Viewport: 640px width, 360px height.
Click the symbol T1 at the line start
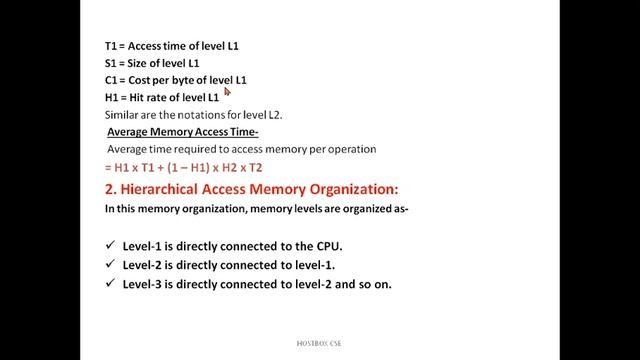tap(111, 46)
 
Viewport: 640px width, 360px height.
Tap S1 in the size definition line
tap(111, 63)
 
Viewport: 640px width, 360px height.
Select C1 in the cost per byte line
tap(111, 80)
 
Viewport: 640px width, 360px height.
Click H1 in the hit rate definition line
tap(111, 97)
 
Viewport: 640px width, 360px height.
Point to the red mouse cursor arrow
tap(227, 92)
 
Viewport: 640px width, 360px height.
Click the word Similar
tap(123, 114)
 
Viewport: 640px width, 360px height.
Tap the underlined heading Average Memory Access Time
tap(183, 132)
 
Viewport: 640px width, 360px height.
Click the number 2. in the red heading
tap(110, 188)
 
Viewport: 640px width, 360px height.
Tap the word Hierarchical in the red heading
tap(159, 188)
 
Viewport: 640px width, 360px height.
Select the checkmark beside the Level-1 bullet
tap(110, 246)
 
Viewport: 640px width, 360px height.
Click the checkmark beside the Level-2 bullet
tap(110, 265)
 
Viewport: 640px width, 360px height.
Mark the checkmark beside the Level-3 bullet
tap(110, 284)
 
